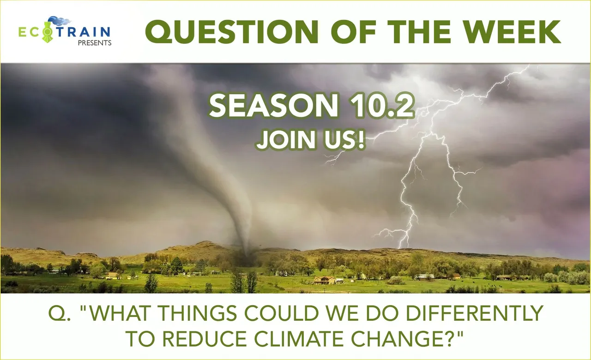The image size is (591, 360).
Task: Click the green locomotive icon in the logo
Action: (48, 32)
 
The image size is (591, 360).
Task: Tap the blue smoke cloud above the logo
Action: (60, 21)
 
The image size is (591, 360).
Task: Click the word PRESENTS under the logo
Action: (95, 43)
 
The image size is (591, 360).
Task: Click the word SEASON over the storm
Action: (274, 105)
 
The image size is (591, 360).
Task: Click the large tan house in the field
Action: (325, 280)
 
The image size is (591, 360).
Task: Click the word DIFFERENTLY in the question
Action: (474, 313)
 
